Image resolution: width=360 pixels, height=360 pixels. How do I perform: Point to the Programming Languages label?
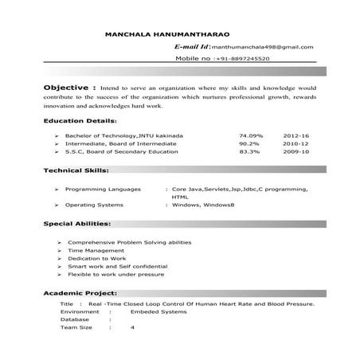[x=99, y=191]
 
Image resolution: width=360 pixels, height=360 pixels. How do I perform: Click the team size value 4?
[x=132, y=327]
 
